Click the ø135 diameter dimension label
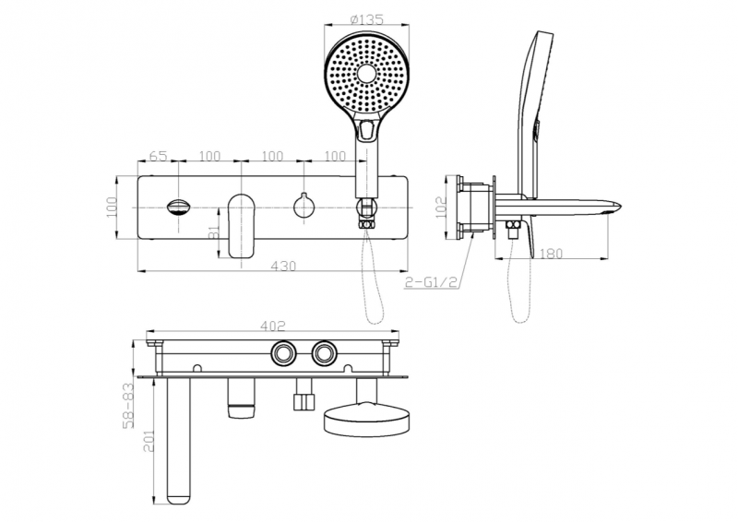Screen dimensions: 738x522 (x=366, y=19)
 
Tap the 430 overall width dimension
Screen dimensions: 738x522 (x=284, y=267)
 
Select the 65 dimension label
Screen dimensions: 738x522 (x=158, y=156)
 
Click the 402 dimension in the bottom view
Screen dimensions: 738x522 (x=273, y=326)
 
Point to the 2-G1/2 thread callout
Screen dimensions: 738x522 (x=432, y=282)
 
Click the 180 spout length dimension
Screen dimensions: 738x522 (x=550, y=254)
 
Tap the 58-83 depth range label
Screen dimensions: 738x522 (x=128, y=407)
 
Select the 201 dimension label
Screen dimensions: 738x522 (x=149, y=440)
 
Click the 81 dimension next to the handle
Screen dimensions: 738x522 (x=214, y=231)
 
